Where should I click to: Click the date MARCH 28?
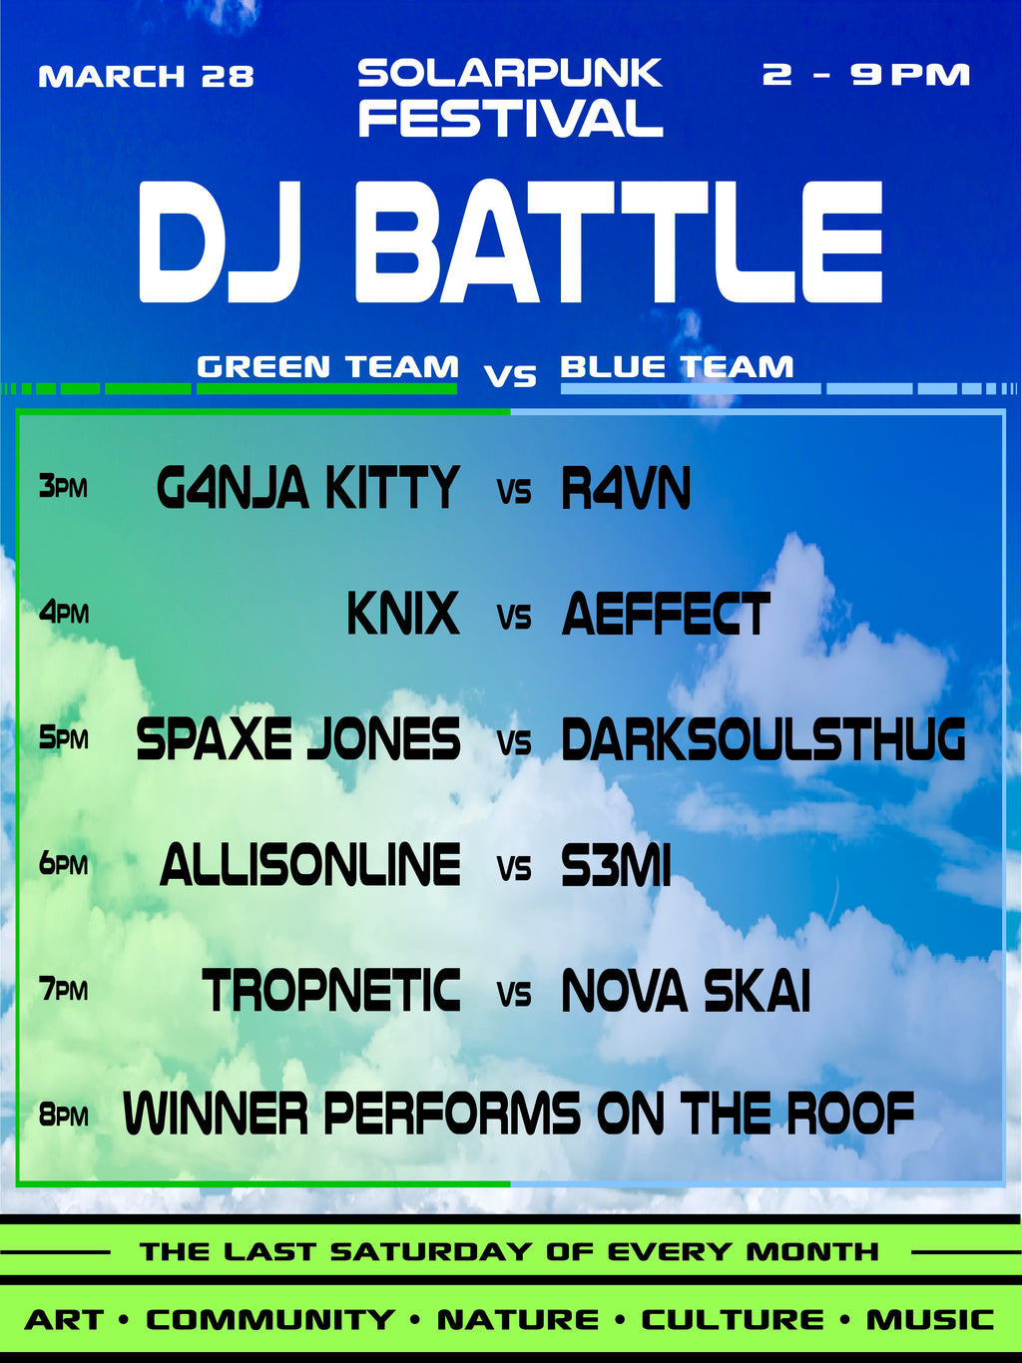click(x=146, y=77)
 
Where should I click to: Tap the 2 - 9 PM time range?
click(x=865, y=75)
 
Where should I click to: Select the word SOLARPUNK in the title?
click(x=510, y=73)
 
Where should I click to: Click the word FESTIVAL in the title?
click(x=510, y=119)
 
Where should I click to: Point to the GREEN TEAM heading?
click(x=327, y=367)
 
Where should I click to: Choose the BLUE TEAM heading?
click(x=677, y=367)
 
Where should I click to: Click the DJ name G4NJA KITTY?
click(x=307, y=489)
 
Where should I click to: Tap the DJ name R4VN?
click(x=626, y=489)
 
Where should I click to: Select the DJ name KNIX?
click(x=403, y=614)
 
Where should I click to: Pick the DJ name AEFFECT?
click(x=666, y=614)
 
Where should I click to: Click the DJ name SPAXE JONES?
click(x=298, y=739)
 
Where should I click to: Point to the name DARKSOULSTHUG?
click(x=764, y=739)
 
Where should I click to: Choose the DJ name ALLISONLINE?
click(x=310, y=865)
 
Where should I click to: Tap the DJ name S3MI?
click(x=616, y=865)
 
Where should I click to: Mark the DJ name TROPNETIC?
click(x=331, y=991)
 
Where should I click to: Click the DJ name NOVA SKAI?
click(x=686, y=991)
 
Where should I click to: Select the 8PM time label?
click(x=64, y=1116)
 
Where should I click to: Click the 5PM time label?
click(x=64, y=739)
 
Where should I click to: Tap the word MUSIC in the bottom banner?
click(x=929, y=1320)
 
